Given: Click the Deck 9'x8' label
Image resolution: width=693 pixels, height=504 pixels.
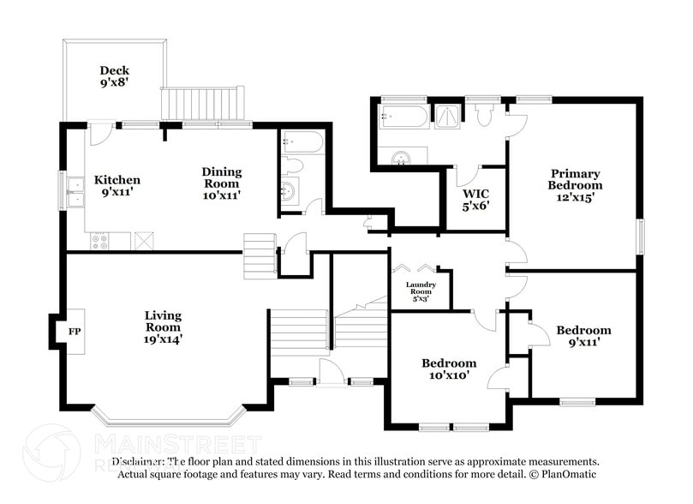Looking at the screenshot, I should pos(114,77).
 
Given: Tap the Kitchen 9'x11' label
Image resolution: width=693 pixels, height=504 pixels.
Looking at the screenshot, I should pos(117,187).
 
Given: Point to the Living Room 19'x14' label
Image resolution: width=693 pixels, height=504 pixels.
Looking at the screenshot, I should pos(163,327).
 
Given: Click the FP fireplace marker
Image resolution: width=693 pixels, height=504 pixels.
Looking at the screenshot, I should pos(74,328).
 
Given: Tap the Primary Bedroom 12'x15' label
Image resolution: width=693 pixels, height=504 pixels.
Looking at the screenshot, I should pos(575,184).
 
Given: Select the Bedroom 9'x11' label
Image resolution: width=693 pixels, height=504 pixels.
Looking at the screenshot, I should pos(583,336).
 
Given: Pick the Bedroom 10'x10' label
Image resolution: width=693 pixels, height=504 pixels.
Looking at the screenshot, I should pos(449,369).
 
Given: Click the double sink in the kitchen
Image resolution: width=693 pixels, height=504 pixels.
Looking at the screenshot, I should pos(75,188).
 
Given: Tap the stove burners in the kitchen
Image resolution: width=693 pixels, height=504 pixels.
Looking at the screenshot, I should pos(99,242).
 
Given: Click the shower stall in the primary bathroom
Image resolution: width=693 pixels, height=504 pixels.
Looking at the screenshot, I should pos(448,117).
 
